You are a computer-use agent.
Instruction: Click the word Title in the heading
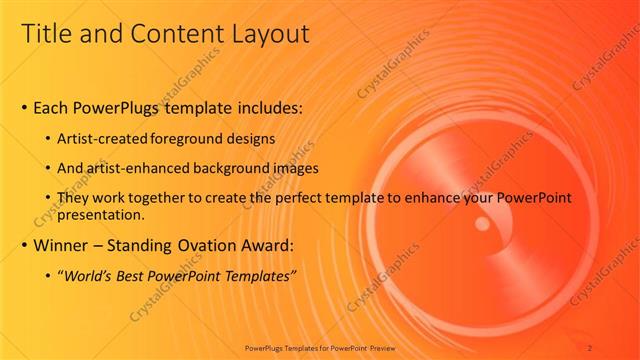[47, 35]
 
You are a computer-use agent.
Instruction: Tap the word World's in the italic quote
[91, 275]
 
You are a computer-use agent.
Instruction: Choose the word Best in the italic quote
[138, 275]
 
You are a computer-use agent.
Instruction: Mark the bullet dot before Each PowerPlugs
[24, 107]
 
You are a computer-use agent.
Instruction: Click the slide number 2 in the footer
[590, 347]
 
